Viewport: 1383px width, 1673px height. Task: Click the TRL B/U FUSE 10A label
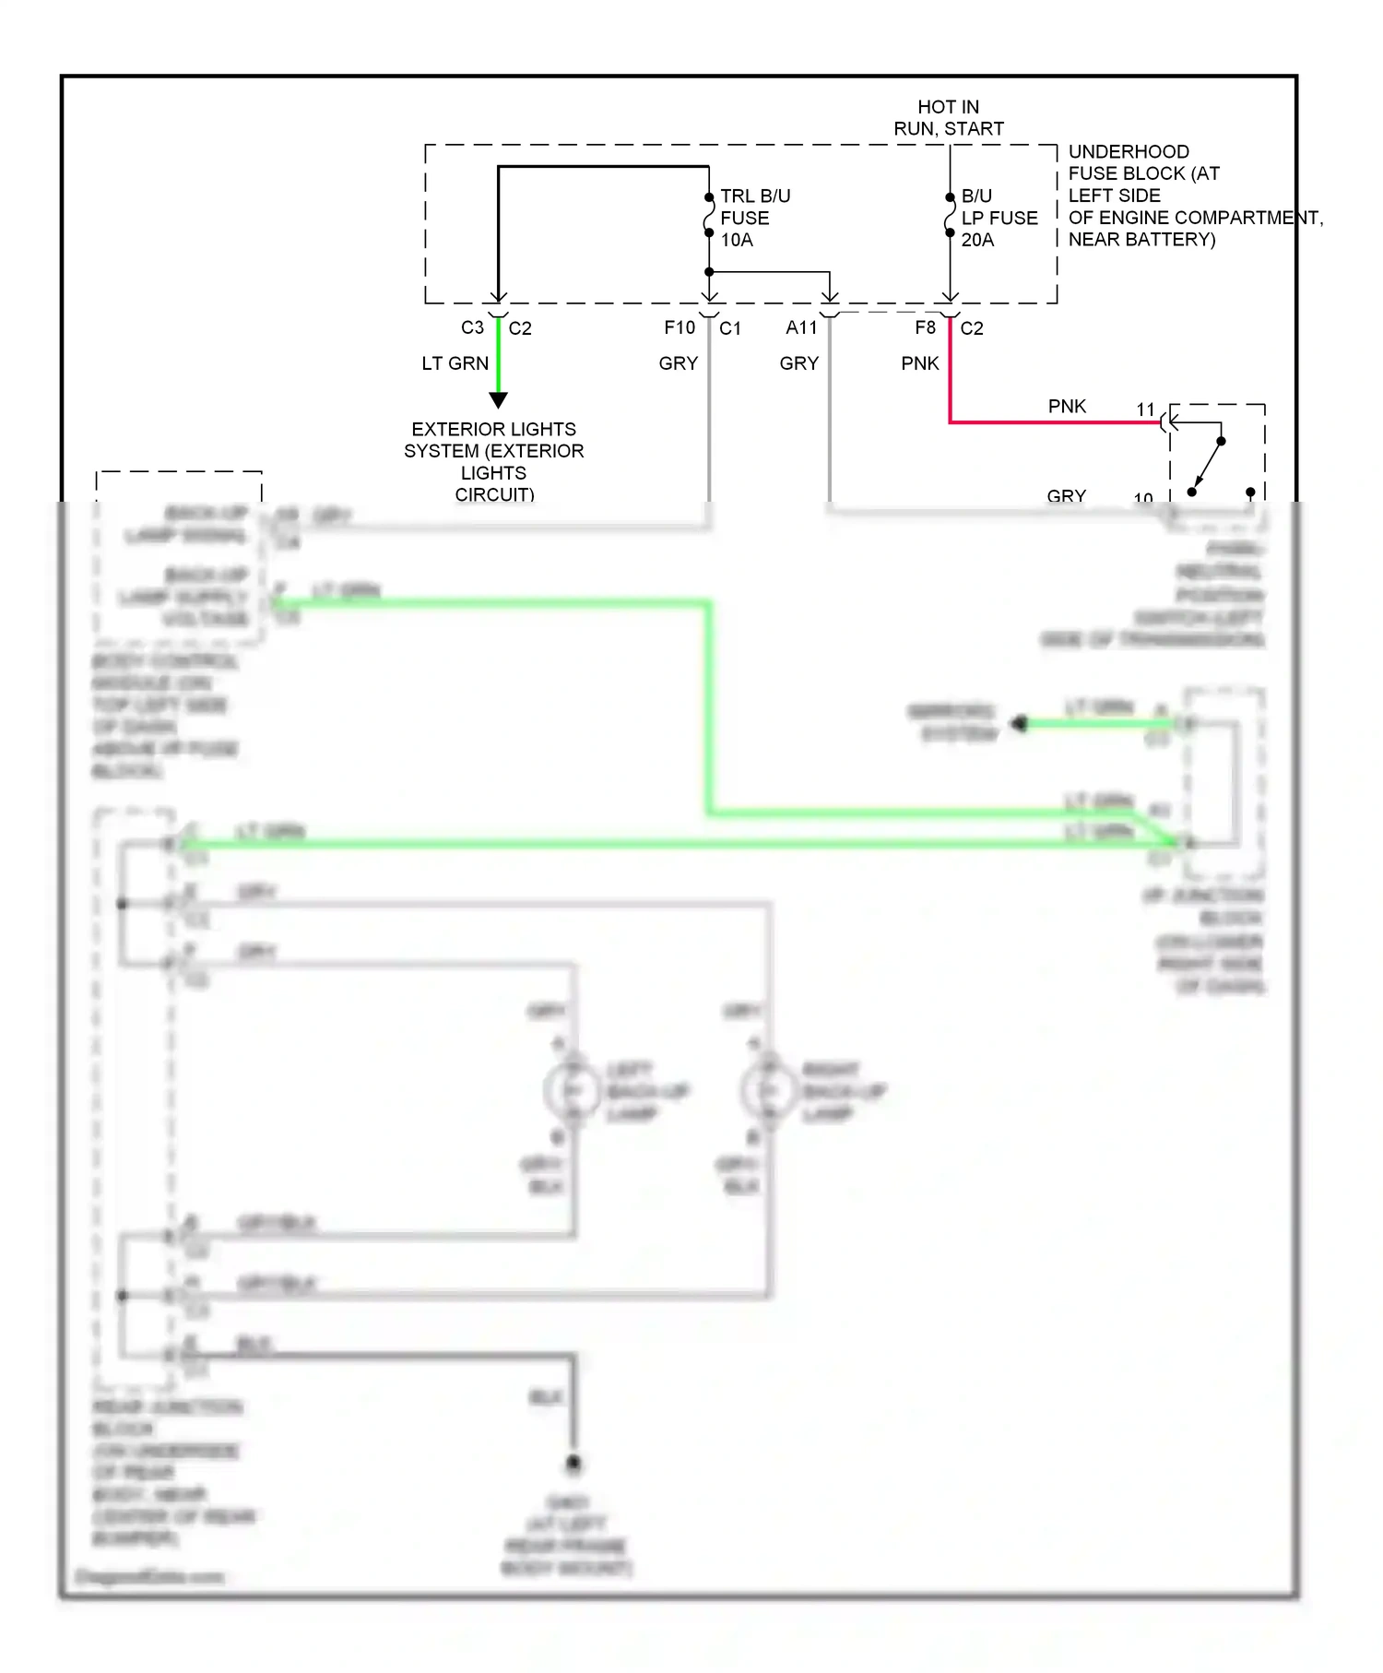click(x=754, y=218)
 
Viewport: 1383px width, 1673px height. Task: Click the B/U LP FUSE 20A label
click(x=998, y=218)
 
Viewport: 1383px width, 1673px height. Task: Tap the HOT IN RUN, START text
click(x=948, y=118)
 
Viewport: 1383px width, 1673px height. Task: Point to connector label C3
click(x=472, y=327)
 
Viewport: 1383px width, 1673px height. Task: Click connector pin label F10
click(x=679, y=327)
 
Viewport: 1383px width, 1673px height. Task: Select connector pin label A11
click(x=801, y=327)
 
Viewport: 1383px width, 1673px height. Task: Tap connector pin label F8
click(x=925, y=327)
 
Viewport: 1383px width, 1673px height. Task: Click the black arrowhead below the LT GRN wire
click(x=498, y=400)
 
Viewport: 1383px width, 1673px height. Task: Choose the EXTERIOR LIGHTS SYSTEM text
click(x=494, y=461)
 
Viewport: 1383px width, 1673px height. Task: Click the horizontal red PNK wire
click(x=1051, y=422)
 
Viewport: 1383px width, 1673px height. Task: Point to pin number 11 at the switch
click(x=1145, y=409)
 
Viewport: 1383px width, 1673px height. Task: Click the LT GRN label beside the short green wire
click(x=455, y=363)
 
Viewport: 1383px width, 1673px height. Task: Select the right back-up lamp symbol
click(x=767, y=1091)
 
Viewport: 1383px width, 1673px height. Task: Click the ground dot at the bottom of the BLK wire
click(x=573, y=1463)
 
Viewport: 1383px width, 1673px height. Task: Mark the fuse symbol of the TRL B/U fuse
click(x=708, y=216)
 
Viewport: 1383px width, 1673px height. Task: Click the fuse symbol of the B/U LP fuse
click(x=950, y=216)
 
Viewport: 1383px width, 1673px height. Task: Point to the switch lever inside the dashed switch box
click(x=1207, y=465)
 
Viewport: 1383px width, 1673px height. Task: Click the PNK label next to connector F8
click(x=919, y=363)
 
